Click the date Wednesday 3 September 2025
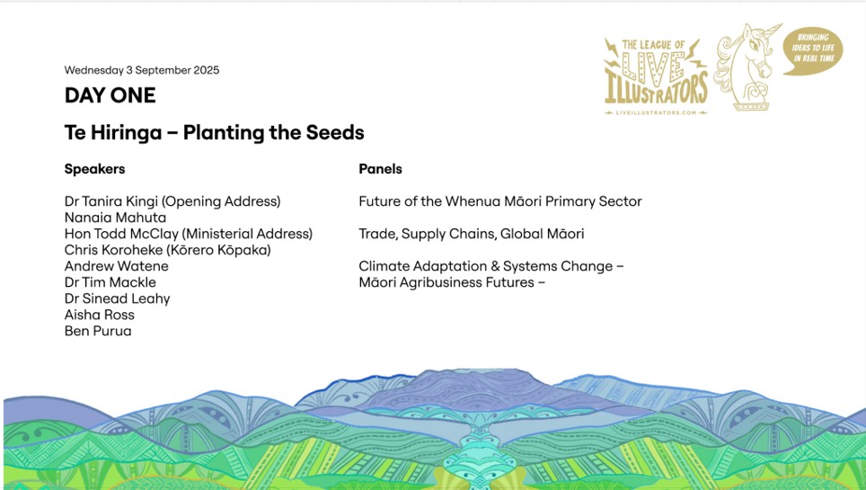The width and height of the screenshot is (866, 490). (x=142, y=70)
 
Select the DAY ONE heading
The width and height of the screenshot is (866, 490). (x=110, y=95)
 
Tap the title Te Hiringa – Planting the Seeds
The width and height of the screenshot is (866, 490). (x=215, y=133)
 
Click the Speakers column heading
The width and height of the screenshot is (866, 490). (x=94, y=169)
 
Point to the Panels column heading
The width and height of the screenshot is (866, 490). (x=381, y=169)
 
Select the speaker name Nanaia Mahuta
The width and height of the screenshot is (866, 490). (x=115, y=218)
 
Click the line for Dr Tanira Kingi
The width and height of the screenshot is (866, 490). (x=172, y=201)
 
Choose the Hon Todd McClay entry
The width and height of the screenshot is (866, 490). (x=189, y=234)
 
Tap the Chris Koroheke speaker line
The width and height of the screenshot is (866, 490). (x=168, y=250)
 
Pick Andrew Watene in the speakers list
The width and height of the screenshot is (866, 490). (x=117, y=266)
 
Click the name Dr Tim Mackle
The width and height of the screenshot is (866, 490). (x=110, y=282)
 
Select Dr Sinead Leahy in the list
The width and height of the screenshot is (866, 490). (x=117, y=298)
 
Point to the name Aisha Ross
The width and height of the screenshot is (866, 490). (x=100, y=315)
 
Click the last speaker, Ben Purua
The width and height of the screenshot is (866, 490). (x=98, y=331)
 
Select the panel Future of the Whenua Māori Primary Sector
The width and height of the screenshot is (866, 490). (x=500, y=201)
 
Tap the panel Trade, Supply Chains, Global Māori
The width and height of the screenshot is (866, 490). (x=472, y=234)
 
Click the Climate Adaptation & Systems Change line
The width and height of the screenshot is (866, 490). (x=491, y=266)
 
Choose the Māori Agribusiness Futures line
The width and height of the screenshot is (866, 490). (x=453, y=282)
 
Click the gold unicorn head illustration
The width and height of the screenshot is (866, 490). (x=747, y=67)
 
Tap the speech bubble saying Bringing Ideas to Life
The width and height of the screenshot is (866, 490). (x=813, y=49)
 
